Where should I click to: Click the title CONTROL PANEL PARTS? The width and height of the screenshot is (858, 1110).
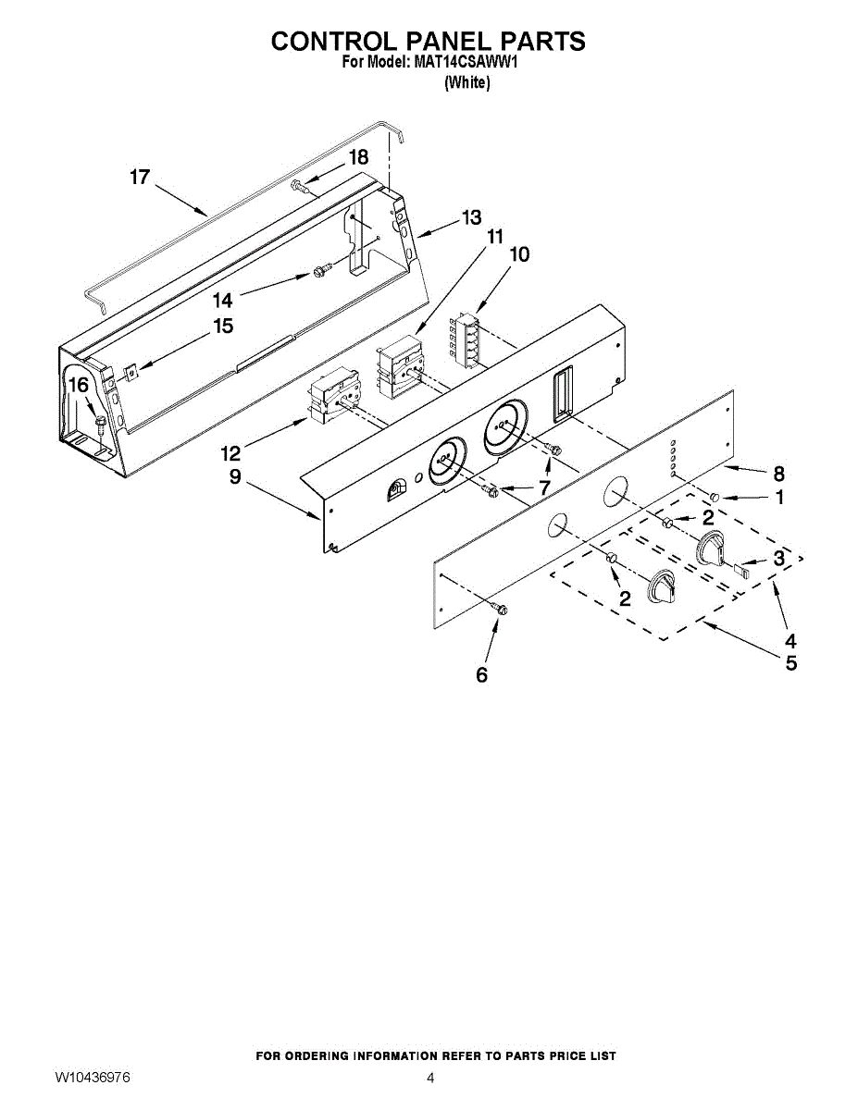point(428,41)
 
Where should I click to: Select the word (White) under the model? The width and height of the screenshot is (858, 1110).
point(466,82)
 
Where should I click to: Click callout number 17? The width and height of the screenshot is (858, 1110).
point(139,177)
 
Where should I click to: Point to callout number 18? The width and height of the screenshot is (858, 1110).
point(358,157)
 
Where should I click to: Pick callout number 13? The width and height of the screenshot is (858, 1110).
point(471,217)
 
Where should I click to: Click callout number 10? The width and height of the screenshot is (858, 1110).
point(519,253)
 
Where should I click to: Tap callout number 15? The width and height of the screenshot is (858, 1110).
point(222,326)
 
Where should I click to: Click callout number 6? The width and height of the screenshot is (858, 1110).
point(481,675)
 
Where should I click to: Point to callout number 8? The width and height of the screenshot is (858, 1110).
point(778,474)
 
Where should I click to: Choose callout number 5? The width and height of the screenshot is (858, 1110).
point(791,662)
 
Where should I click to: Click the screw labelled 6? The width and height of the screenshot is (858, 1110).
point(501,608)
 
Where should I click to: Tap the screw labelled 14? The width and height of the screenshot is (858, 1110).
point(322,270)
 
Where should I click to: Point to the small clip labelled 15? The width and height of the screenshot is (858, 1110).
point(132,371)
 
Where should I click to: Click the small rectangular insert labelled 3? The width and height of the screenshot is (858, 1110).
point(741,568)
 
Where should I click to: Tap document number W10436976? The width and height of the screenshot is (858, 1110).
point(93,1079)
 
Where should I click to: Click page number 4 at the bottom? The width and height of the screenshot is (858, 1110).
point(430,1079)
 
